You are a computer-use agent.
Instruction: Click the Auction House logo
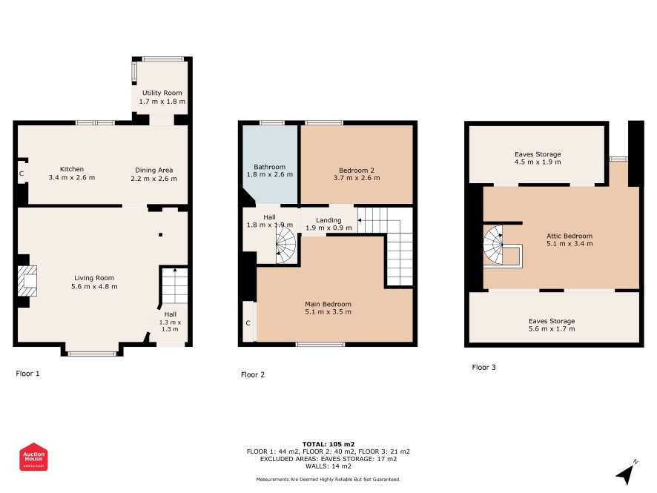tap(33, 457)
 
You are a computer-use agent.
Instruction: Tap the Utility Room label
tap(162, 93)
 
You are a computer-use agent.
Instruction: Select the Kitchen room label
tap(72, 169)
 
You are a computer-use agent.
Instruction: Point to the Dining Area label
tap(153, 170)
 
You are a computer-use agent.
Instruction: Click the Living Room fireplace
tap(28, 281)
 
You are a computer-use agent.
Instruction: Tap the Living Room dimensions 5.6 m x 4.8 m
tap(94, 286)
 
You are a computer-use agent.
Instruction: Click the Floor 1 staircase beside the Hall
tap(174, 285)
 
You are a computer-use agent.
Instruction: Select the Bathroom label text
tap(269, 167)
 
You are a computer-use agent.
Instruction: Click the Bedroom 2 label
tap(357, 170)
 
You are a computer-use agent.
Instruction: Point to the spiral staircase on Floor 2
tap(285, 244)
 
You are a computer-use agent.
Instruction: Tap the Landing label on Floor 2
tap(328, 220)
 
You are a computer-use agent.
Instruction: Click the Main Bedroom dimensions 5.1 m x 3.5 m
tap(328, 311)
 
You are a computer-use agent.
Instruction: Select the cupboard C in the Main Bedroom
tap(248, 323)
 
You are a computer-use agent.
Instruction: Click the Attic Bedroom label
tap(569, 236)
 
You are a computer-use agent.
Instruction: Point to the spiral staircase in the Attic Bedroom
tap(494, 245)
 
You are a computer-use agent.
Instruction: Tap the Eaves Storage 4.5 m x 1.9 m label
tap(538, 158)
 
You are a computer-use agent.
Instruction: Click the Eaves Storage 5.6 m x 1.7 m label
tap(552, 325)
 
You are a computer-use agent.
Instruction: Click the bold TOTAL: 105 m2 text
tap(328, 444)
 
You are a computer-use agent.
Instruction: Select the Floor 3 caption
tap(484, 368)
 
